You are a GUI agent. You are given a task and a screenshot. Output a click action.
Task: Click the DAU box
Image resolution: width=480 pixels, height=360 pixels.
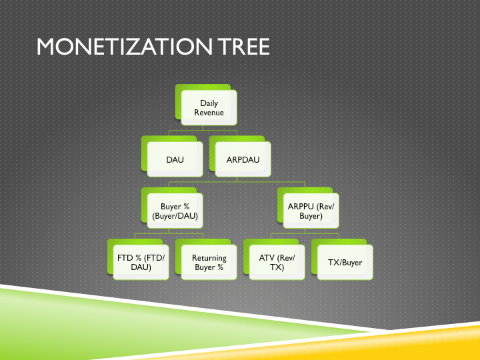175,160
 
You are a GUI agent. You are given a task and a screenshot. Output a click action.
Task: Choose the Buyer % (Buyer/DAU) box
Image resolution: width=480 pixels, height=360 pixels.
175,211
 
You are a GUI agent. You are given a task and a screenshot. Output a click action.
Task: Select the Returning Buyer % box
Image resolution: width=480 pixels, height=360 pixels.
209,263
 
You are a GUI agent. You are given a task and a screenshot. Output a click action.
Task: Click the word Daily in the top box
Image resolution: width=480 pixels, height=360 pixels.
209,103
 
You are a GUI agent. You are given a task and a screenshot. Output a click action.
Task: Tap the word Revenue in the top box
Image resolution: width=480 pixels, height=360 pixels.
209,113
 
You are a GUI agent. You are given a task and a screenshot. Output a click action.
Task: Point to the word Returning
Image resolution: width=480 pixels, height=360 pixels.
209,258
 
